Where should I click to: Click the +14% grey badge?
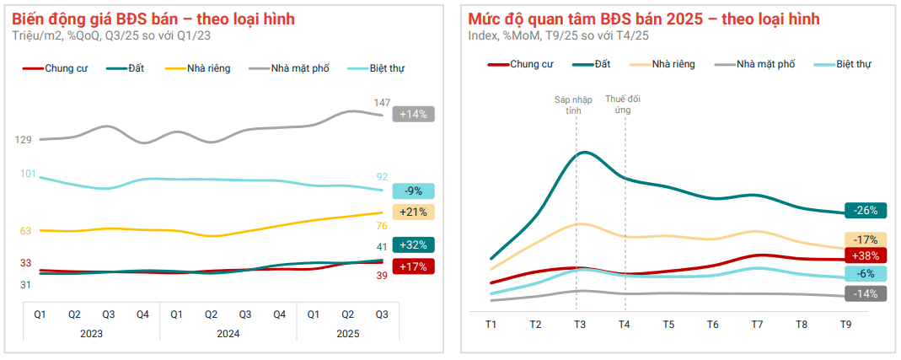413,114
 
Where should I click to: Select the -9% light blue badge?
413,191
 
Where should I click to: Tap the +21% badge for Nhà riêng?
413,212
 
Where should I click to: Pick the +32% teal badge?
413,244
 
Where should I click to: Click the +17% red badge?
413,266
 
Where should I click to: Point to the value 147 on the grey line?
382,102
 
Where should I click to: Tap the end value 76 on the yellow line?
382,226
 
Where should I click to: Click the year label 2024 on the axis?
228,334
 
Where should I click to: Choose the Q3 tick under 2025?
382,314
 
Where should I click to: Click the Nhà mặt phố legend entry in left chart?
289,68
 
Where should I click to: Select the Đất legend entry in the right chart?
592,64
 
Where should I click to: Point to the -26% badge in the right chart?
866,211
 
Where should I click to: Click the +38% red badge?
866,255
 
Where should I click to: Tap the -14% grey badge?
866,293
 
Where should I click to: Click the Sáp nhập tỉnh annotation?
573,105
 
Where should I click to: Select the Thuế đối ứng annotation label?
623,104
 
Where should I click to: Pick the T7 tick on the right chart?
757,325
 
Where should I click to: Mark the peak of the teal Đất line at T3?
584,153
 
